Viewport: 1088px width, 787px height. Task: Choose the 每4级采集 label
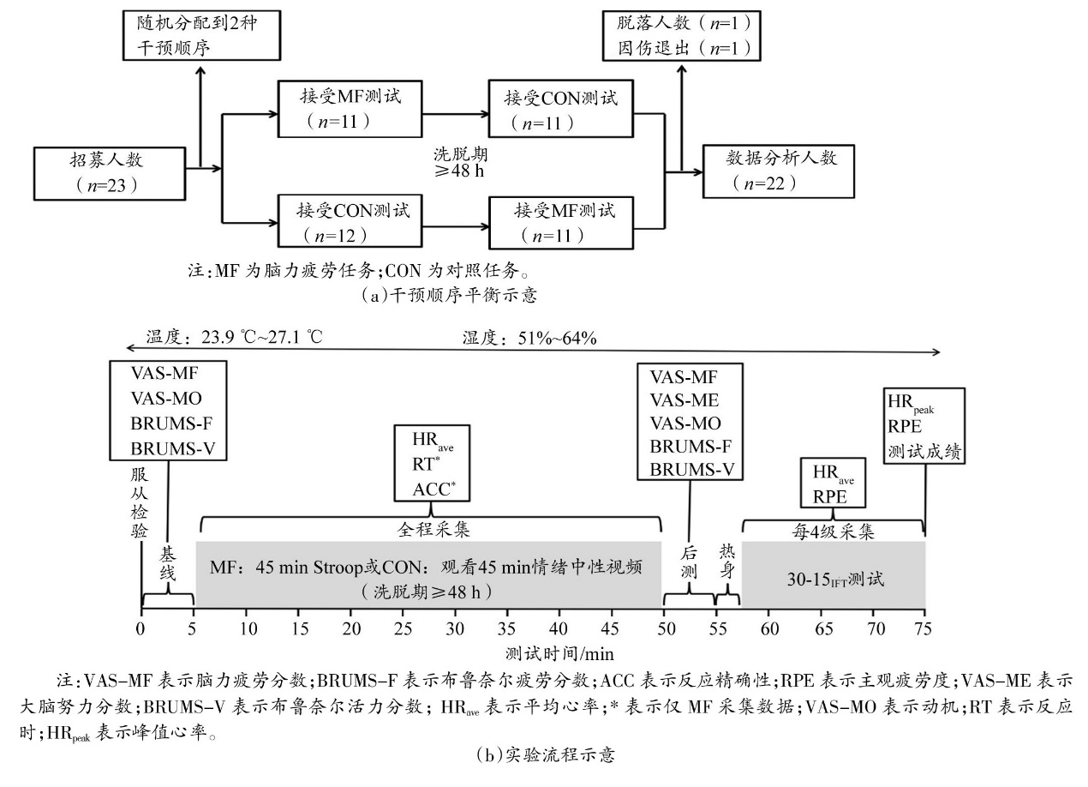pyautogui.click(x=834, y=530)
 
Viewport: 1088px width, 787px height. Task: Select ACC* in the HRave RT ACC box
pyautogui.click(x=431, y=490)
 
